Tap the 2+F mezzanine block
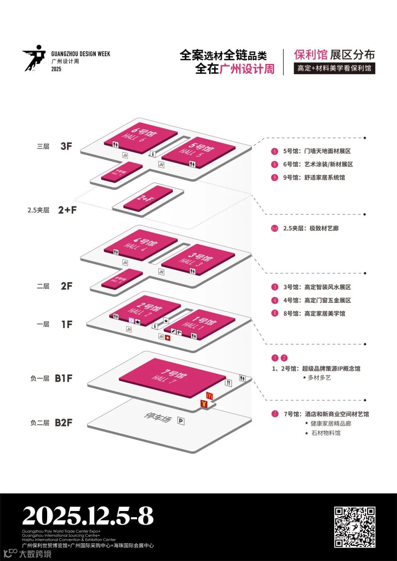point(148,198)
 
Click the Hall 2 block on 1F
point(145,310)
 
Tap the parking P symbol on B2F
point(181,421)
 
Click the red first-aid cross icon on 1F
point(168,338)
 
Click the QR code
point(354,527)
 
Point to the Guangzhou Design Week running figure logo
point(34,58)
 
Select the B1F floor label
point(63,378)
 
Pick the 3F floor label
point(66,146)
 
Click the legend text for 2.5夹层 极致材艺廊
point(311,228)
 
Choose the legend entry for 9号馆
point(314,178)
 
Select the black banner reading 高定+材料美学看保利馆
point(334,68)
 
